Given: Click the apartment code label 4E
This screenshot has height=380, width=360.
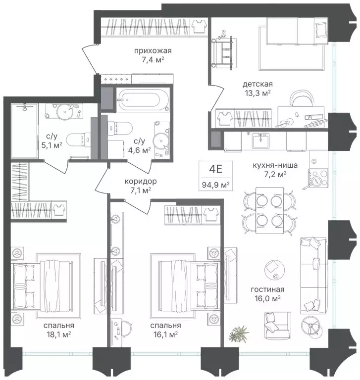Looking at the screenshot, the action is [x=216, y=169].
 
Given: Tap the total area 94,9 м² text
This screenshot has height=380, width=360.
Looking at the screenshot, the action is [x=216, y=185].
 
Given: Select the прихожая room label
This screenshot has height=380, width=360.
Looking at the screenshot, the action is [x=153, y=50].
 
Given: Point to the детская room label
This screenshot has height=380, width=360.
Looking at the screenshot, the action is [x=257, y=84].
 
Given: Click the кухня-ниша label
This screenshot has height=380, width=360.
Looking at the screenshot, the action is [x=275, y=165].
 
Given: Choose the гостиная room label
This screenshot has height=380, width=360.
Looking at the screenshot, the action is [x=267, y=289].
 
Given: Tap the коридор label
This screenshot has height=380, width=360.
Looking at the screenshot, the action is [x=141, y=181].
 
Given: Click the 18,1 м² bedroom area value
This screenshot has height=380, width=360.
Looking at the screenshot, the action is [x=59, y=334].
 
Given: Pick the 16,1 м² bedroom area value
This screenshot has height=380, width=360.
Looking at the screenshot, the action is [x=166, y=334].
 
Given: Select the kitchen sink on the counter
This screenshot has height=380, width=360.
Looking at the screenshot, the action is [x=261, y=141].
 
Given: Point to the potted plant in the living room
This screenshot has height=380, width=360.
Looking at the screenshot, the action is [x=239, y=333].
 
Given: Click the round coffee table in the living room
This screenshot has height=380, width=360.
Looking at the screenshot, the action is [x=275, y=270].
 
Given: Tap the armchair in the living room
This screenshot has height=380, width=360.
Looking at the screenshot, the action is [x=277, y=326].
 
